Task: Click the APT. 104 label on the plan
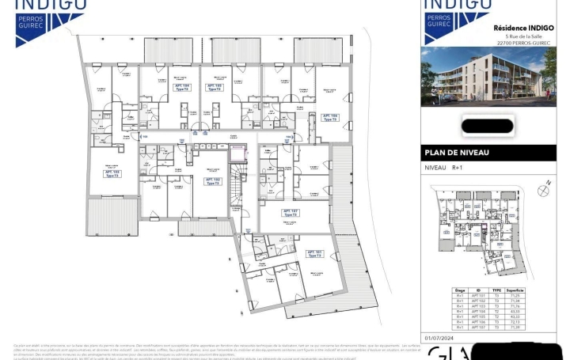(x=180, y=87)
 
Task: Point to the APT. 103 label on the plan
(x=112, y=173)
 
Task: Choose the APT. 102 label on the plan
(x=212, y=180)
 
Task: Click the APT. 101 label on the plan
(x=313, y=254)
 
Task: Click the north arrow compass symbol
(x=543, y=189)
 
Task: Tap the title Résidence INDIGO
(x=522, y=26)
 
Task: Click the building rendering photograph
(x=488, y=78)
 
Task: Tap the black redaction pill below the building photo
(x=488, y=124)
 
